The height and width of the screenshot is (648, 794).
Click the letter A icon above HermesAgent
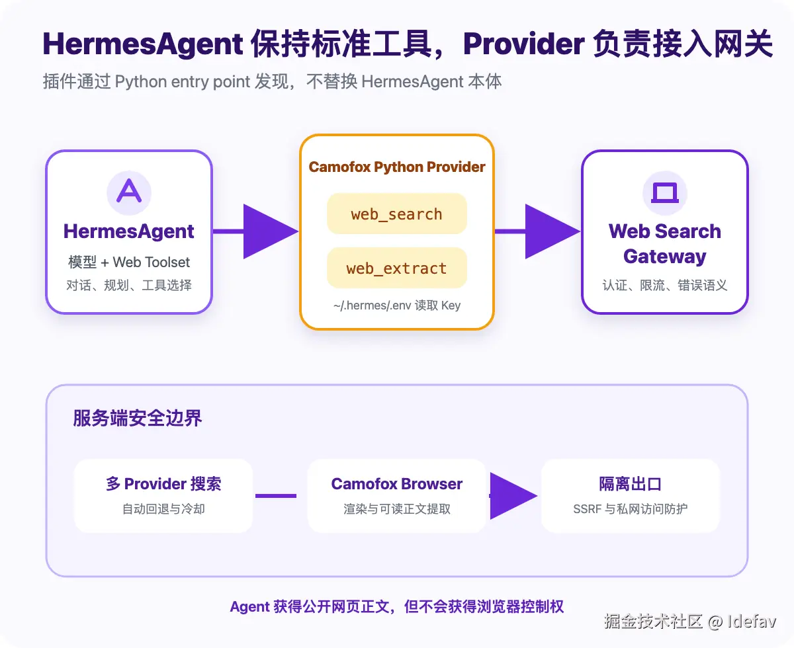click(x=129, y=192)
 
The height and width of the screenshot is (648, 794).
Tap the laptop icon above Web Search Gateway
click(x=664, y=192)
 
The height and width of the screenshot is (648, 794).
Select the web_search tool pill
click(x=397, y=214)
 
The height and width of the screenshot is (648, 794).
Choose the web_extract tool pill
click(x=397, y=268)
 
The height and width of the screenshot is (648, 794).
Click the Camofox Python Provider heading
click(x=397, y=167)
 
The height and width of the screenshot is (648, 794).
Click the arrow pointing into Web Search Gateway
click(x=538, y=231)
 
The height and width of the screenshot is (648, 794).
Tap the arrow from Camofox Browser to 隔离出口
click(x=513, y=496)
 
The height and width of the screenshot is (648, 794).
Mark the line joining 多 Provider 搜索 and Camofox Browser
click(x=276, y=496)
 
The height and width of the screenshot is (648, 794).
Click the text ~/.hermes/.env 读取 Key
click(x=397, y=305)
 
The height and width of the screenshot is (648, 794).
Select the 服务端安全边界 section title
click(x=138, y=418)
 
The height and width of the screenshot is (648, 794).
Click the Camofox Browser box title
click(x=397, y=484)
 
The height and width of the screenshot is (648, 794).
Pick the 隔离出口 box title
click(x=630, y=484)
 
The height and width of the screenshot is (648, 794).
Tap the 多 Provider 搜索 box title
click(x=163, y=484)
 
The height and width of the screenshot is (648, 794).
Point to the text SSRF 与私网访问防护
click(x=630, y=508)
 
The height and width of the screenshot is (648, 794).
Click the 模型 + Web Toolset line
click(x=129, y=262)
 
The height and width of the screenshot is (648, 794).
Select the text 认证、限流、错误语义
click(x=664, y=285)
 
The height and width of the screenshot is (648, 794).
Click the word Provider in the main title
click(x=523, y=44)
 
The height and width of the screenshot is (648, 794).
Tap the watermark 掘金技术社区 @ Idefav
click(x=690, y=622)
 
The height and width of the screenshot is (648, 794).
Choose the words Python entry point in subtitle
click(x=183, y=81)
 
